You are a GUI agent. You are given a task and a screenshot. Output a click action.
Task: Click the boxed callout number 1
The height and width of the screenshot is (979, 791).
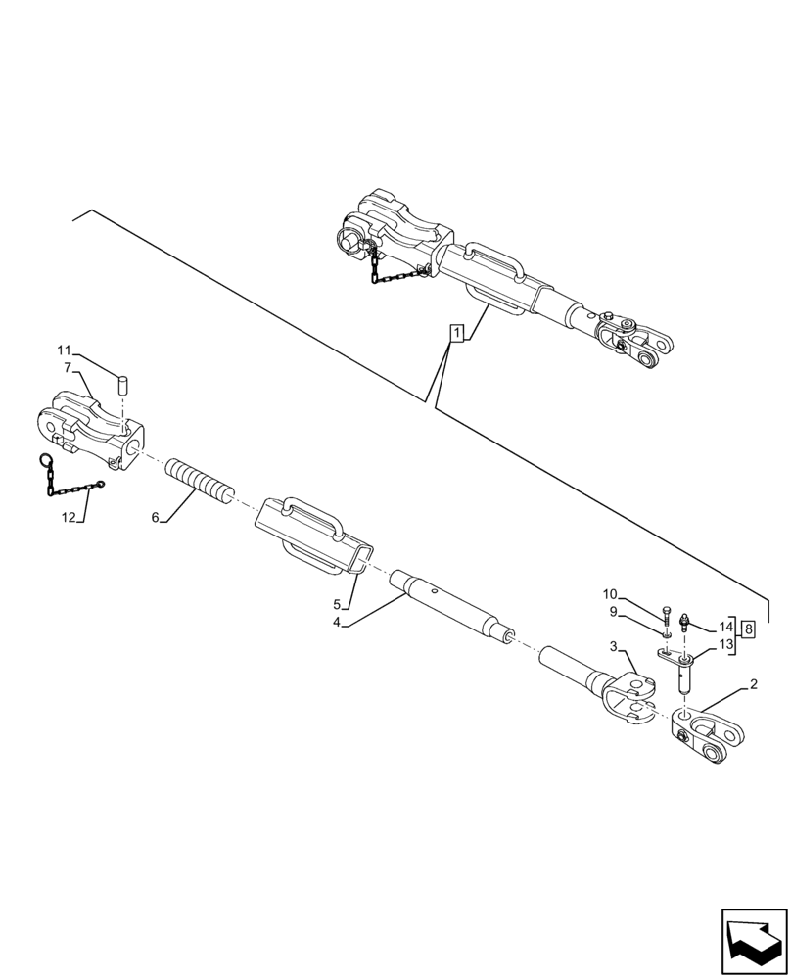click(x=456, y=334)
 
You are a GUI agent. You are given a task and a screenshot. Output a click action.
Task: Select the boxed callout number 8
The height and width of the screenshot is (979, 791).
click(x=748, y=628)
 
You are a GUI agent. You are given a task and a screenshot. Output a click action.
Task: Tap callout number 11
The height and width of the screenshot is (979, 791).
click(x=64, y=351)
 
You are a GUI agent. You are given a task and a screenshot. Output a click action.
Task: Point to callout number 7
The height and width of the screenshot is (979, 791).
click(x=68, y=367)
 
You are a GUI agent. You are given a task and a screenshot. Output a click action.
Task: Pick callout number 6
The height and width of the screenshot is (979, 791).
click(x=155, y=518)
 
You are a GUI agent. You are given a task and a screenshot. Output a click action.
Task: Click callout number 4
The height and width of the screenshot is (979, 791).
click(x=336, y=622)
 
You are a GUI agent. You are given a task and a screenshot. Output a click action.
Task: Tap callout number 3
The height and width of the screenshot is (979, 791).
click(x=613, y=647)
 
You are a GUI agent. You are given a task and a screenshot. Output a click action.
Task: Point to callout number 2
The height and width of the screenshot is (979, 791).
click(x=753, y=683)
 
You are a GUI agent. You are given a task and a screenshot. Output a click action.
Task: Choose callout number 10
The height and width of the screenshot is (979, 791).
click(x=610, y=594)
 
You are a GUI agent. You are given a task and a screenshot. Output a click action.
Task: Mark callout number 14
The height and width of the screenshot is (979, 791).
click(x=725, y=626)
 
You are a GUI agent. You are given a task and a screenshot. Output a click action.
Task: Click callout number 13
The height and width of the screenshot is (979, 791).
click(x=725, y=643)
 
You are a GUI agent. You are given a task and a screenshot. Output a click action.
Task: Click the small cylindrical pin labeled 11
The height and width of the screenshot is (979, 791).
click(x=124, y=383)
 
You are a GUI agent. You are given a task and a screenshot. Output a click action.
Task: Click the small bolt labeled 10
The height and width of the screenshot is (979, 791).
click(x=668, y=616)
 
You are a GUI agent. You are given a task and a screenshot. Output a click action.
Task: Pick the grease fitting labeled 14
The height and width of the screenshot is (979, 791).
click(x=685, y=621)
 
